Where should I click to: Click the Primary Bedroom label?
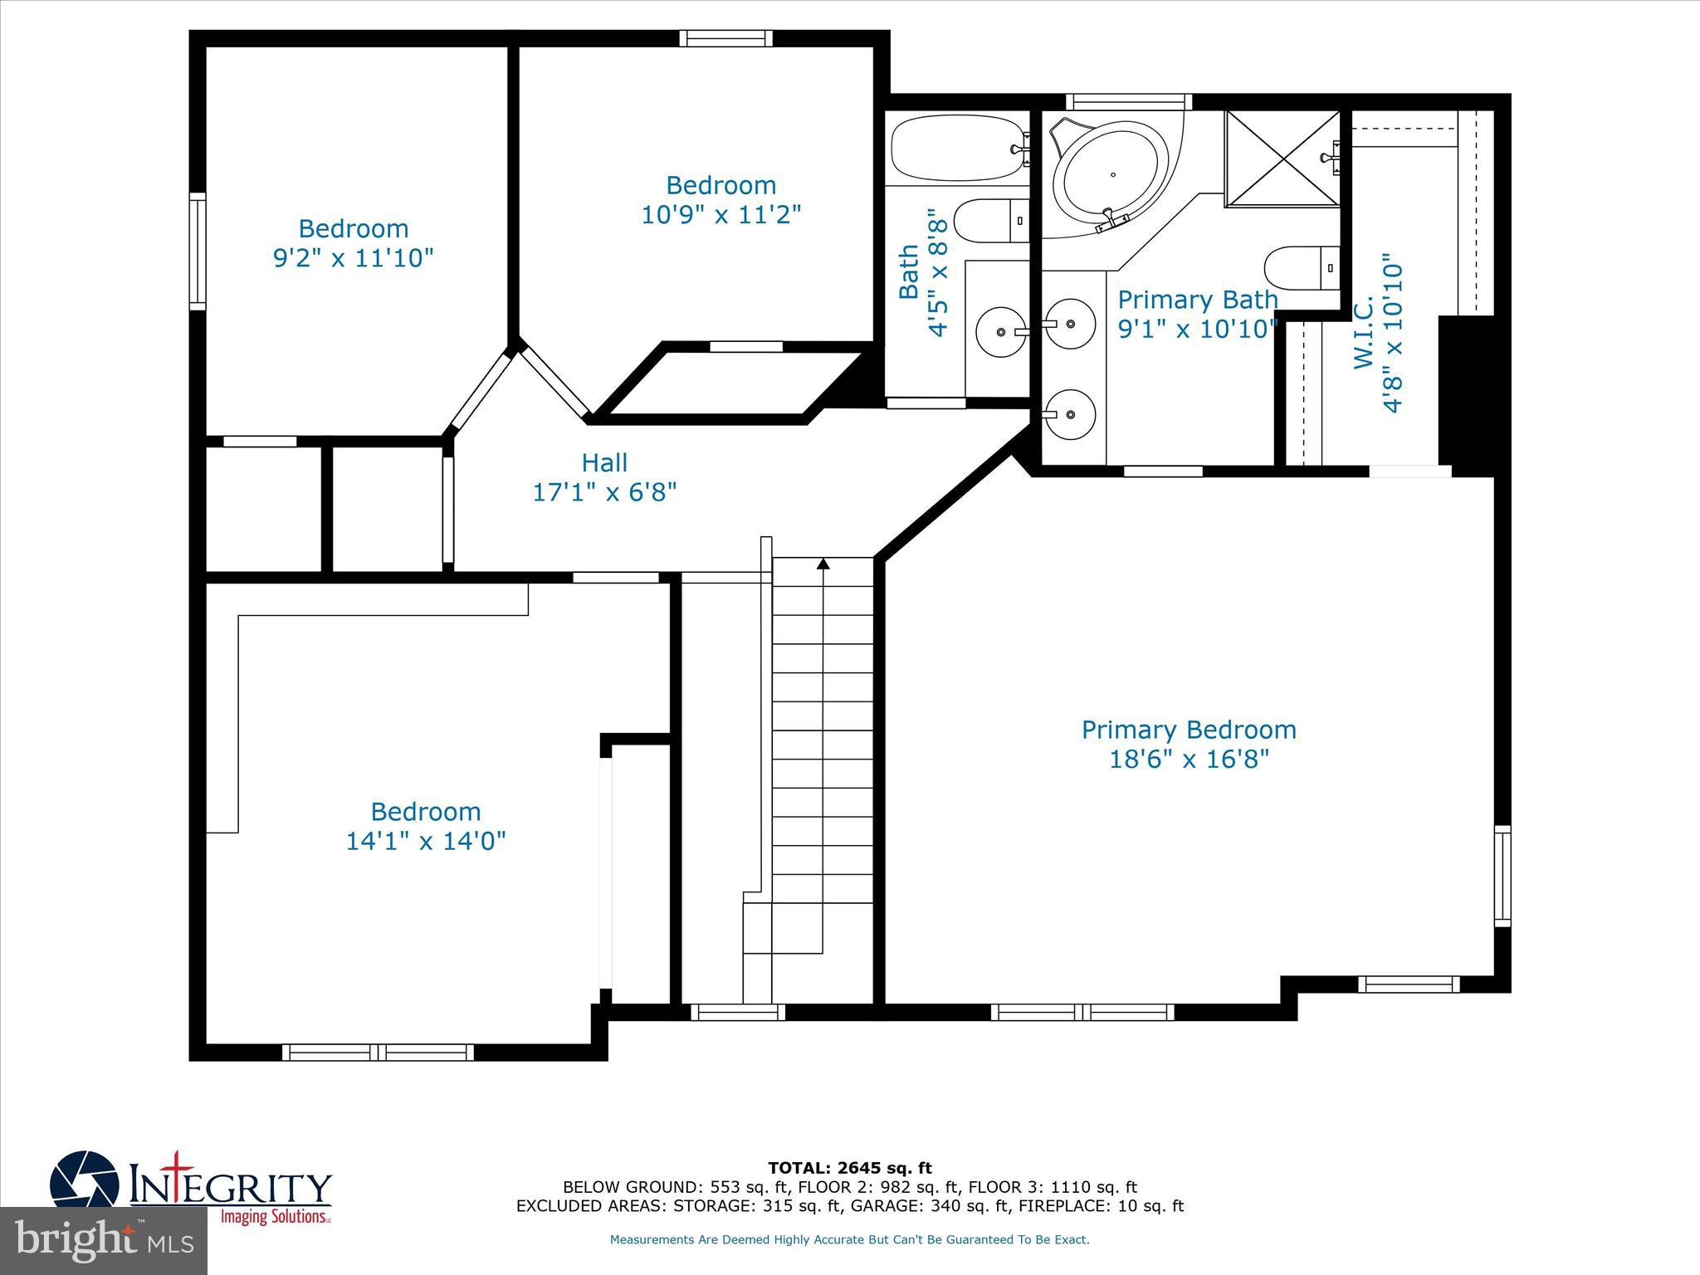[x=1188, y=730]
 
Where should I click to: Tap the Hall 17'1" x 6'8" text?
[x=604, y=478]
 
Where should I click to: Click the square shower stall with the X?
[x=1282, y=158]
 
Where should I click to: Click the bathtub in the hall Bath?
[x=957, y=149]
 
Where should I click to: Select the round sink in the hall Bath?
[x=1001, y=332]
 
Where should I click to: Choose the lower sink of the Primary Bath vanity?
[x=1070, y=413]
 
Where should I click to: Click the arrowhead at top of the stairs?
[x=823, y=564]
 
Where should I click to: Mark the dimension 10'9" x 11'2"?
[x=721, y=215]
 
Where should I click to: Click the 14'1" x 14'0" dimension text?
[x=425, y=841]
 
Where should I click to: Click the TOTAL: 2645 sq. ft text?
[x=849, y=1168]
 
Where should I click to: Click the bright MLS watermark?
[x=103, y=1241]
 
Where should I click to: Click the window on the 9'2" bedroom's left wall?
[x=198, y=252]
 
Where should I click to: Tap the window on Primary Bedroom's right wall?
[x=1502, y=876]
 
